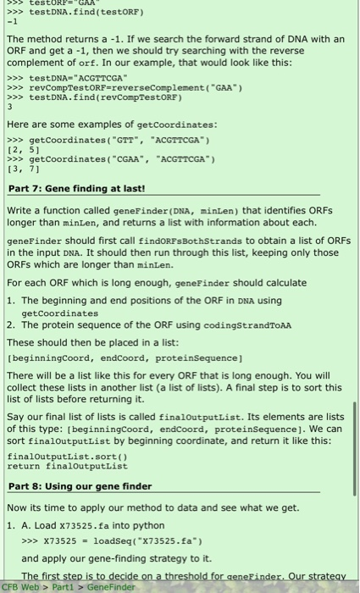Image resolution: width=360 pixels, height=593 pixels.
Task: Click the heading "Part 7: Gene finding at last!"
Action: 76,188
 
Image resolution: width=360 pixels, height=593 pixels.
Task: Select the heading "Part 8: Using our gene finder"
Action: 80,486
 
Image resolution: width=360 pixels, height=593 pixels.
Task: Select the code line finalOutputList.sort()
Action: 58,456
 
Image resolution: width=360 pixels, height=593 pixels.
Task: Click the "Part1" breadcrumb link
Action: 63,586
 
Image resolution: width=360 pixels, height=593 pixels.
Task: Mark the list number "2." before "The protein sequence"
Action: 12,327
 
